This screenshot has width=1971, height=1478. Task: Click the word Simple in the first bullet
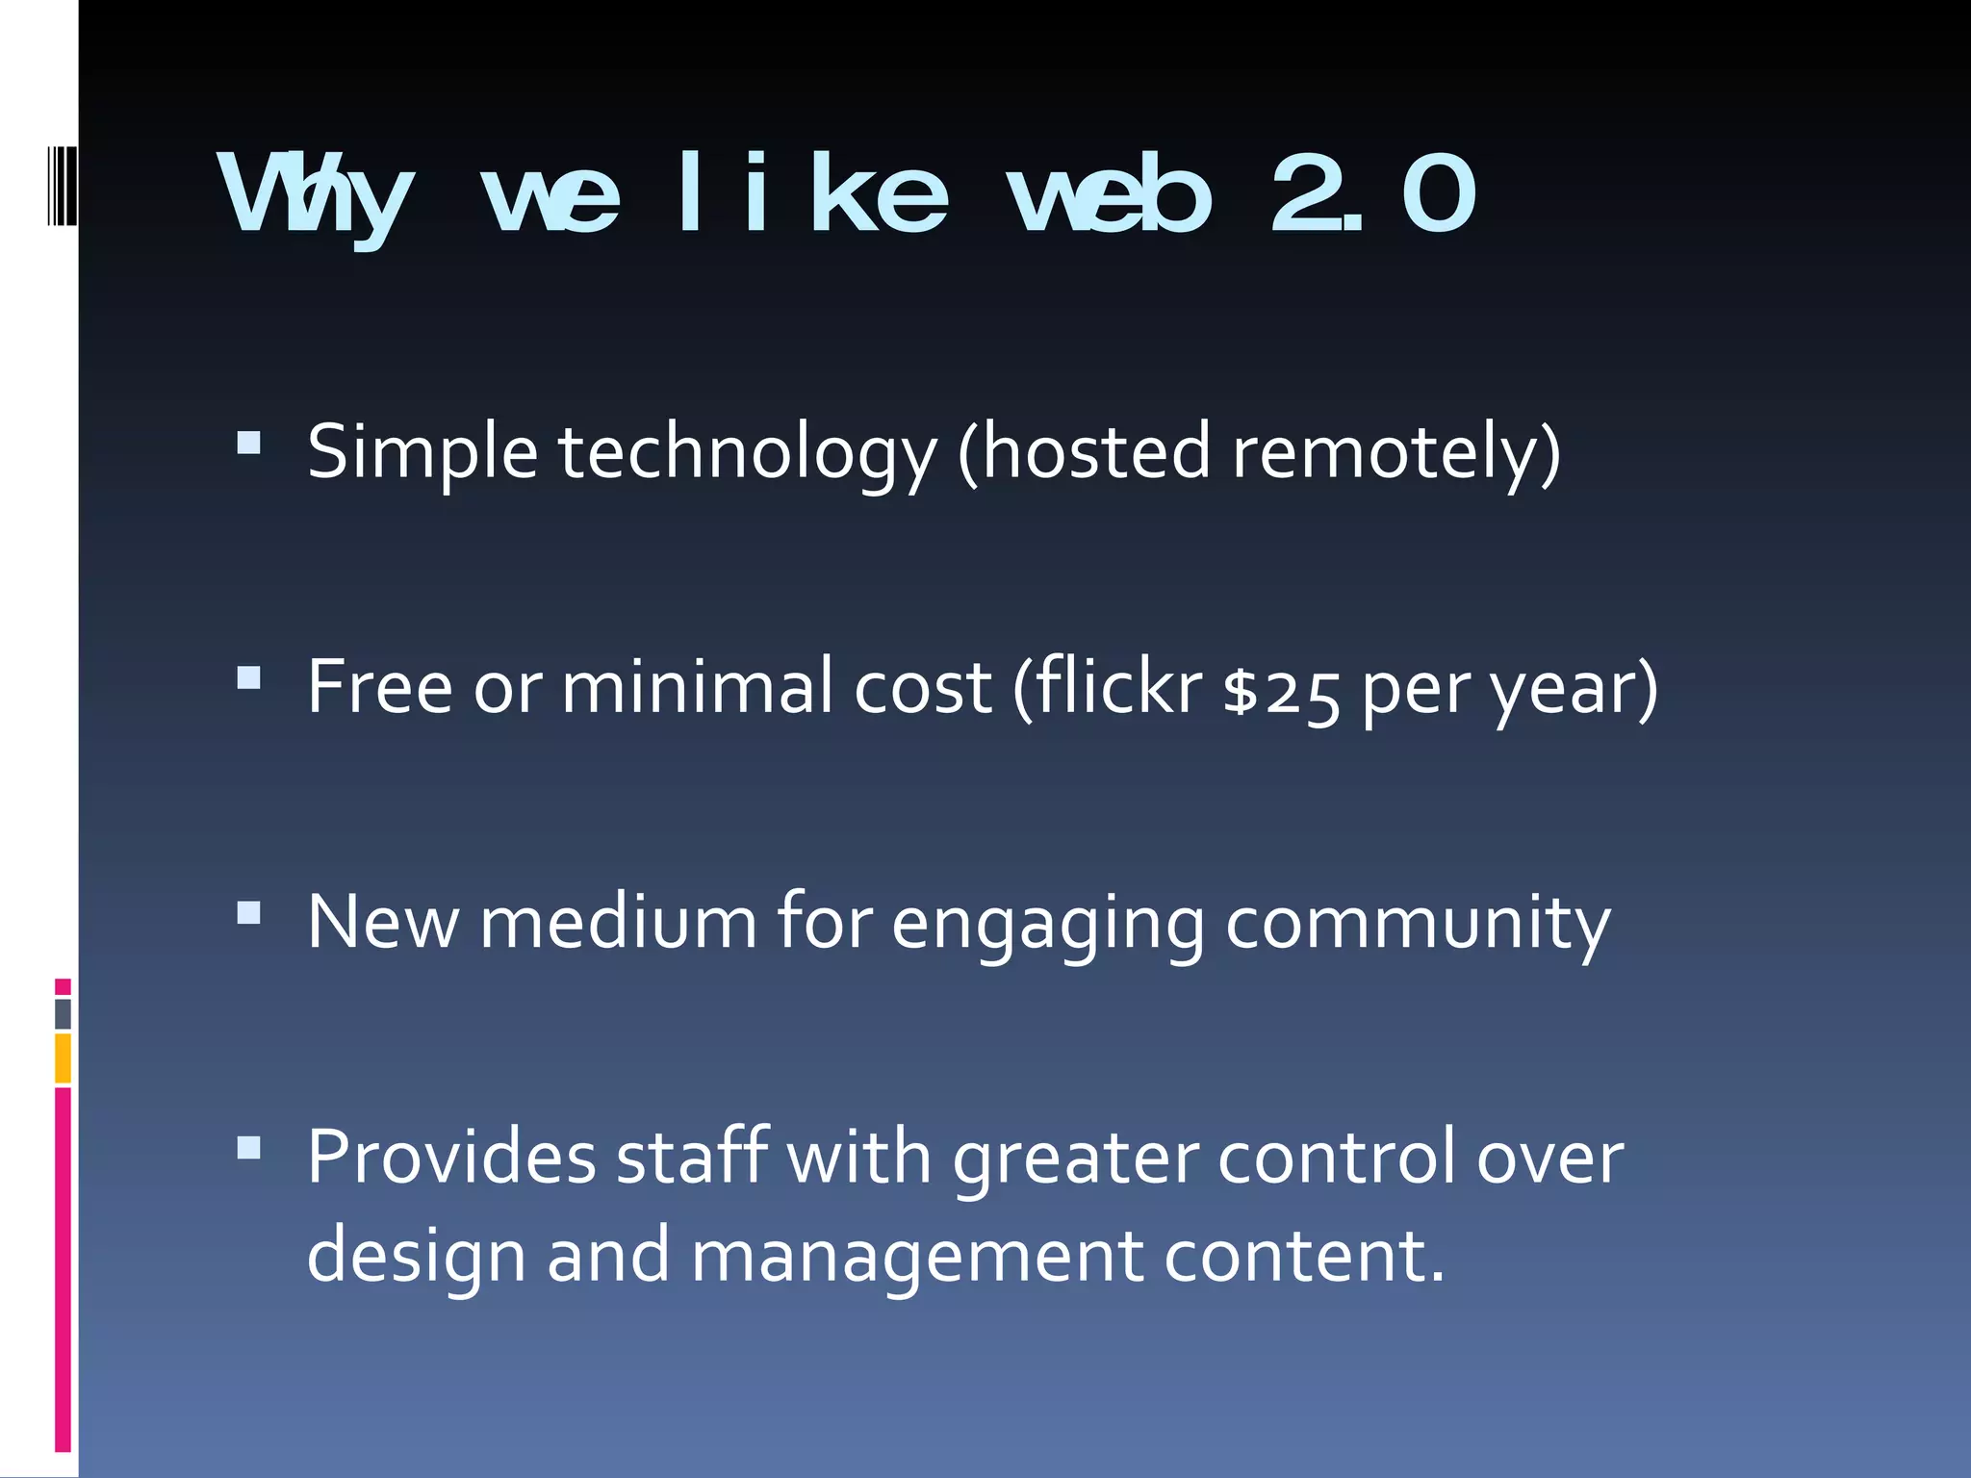click(422, 452)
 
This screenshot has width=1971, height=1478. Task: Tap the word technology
click(747, 452)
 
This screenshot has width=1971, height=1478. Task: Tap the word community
click(1417, 924)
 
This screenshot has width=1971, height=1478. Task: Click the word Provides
click(450, 1157)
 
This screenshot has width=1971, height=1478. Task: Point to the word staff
click(693, 1157)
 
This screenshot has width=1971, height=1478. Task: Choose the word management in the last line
click(917, 1257)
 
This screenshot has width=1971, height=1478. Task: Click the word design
click(416, 1257)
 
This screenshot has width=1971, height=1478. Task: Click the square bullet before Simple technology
click(248, 443)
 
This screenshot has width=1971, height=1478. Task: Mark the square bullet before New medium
click(248, 912)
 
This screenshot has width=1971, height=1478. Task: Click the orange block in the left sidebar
click(63, 1058)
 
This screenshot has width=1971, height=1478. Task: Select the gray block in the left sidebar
click(63, 1013)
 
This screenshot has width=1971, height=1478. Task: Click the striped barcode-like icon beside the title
click(62, 186)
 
